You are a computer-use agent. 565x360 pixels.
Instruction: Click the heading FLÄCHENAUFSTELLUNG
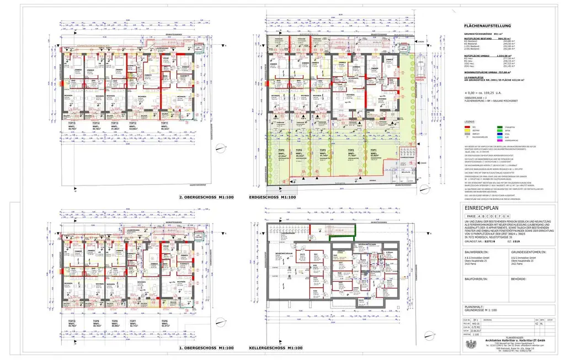[x=488, y=25]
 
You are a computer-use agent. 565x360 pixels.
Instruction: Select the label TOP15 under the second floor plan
[x=69, y=123]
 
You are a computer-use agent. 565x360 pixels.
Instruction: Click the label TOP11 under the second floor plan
[x=164, y=123]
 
